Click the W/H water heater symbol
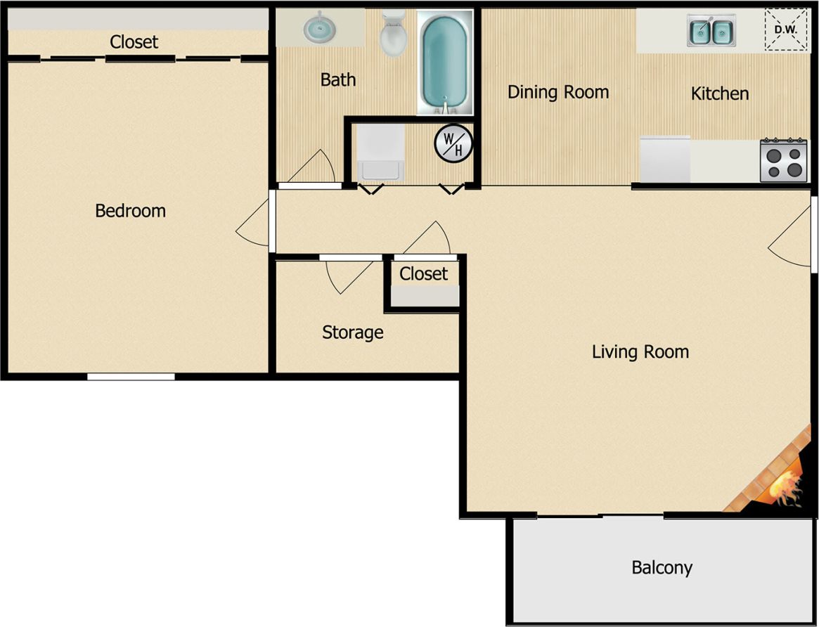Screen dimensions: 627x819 (x=453, y=144)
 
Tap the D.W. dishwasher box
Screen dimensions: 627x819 (x=785, y=30)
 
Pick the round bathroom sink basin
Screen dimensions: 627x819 (x=318, y=27)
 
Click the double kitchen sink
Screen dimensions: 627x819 (x=711, y=31)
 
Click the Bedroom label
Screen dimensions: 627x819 (x=130, y=210)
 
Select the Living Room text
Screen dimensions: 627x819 (x=640, y=351)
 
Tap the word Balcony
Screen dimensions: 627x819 (x=662, y=567)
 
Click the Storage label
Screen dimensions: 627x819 (x=352, y=332)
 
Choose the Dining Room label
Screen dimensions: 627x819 (x=558, y=92)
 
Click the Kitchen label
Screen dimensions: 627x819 (x=719, y=93)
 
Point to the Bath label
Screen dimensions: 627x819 (x=337, y=79)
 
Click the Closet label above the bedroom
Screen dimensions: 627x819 (x=134, y=41)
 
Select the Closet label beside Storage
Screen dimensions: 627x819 (x=423, y=273)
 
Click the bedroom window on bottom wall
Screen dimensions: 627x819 (x=131, y=377)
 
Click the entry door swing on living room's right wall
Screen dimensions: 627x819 (x=791, y=239)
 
